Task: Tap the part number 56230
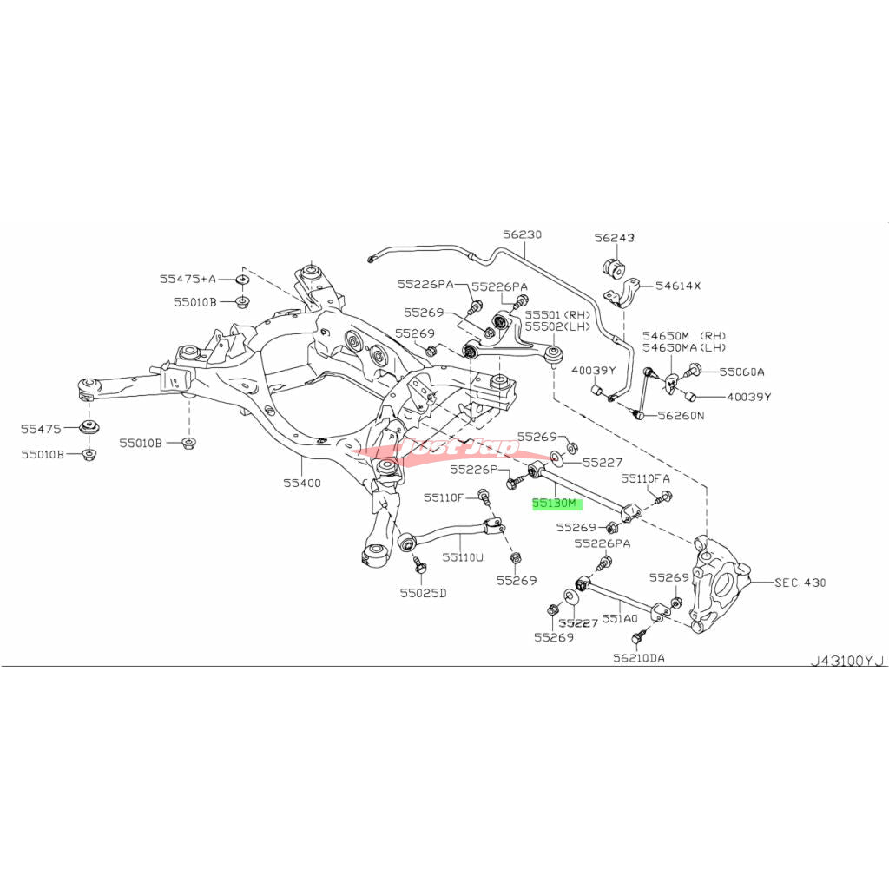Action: (x=521, y=234)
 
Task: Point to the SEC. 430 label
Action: (x=800, y=582)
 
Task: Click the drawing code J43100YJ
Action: (x=846, y=661)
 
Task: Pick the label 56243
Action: (x=615, y=237)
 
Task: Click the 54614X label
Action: (x=678, y=285)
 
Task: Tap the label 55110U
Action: (x=462, y=556)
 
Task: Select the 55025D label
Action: (x=423, y=594)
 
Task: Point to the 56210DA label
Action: (x=639, y=658)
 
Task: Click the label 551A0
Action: (x=621, y=619)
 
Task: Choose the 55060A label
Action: (x=741, y=372)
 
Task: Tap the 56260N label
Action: (x=682, y=415)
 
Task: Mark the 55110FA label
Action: (x=645, y=478)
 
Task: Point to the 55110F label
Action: (x=444, y=497)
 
